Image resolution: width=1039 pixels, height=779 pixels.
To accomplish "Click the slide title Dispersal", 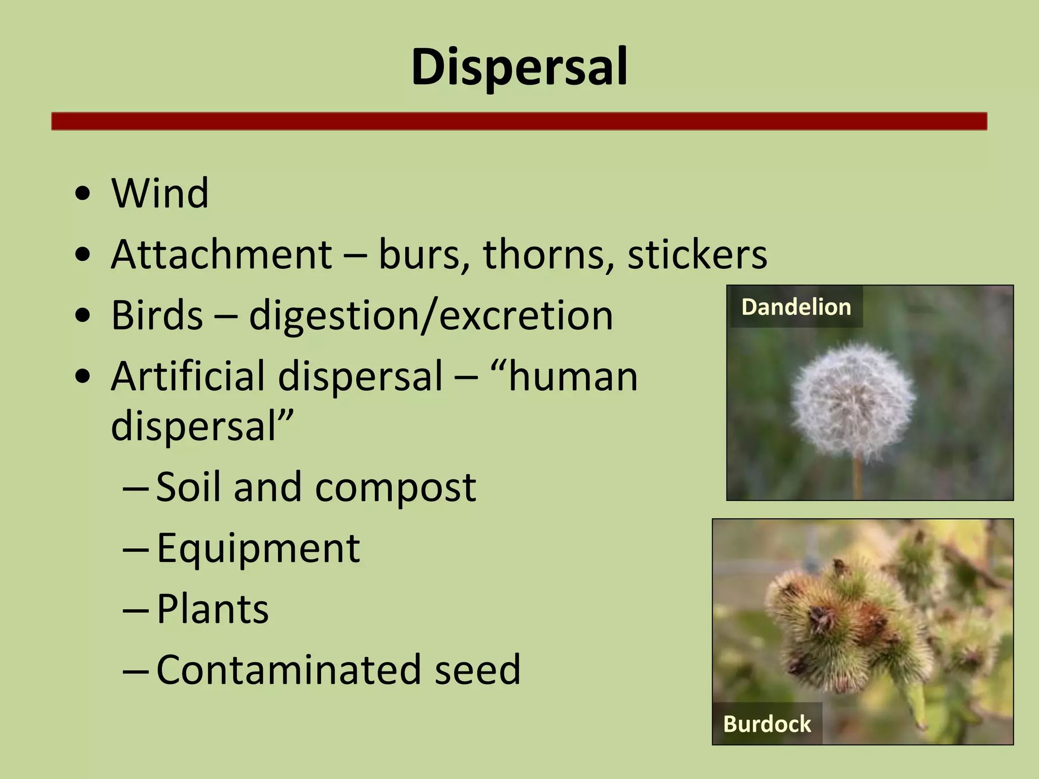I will point(519,66).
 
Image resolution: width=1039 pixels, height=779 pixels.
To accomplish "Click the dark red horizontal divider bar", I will point(519,121).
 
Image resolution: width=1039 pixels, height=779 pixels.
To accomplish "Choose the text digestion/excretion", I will point(431,316).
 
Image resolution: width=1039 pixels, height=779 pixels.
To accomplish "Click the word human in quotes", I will point(573,376).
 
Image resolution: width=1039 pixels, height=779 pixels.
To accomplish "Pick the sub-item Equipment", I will point(258,549).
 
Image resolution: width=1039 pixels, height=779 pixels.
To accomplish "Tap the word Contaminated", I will point(289,669).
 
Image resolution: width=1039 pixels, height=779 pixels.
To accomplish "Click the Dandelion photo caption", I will point(796,307).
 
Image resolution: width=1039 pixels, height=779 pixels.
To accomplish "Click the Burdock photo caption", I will point(767,724).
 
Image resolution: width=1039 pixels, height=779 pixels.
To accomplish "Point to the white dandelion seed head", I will point(854,400).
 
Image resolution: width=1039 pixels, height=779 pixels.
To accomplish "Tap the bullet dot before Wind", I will point(82,194).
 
